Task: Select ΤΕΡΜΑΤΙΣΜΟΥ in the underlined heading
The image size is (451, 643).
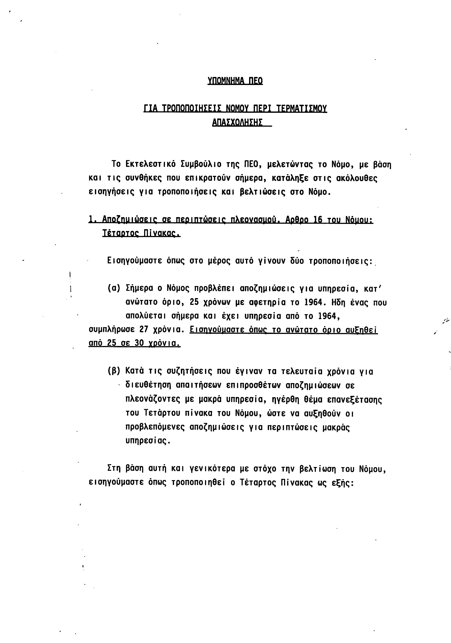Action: point(301,108)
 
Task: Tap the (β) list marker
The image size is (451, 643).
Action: point(114,372)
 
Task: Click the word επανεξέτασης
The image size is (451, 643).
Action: point(355,400)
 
